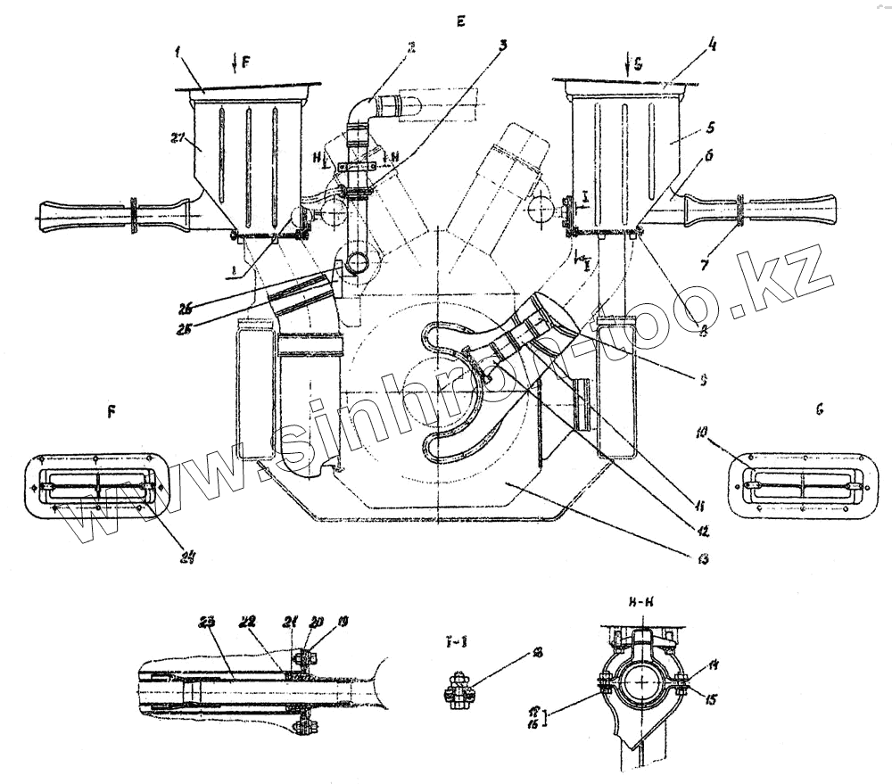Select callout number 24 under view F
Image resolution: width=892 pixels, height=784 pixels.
[x=186, y=560]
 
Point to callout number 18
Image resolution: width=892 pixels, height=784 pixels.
[x=537, y=653]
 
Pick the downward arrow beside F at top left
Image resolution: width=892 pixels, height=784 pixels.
[x=234, y=62]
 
